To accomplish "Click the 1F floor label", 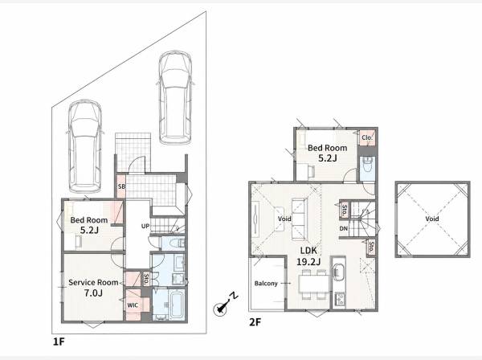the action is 59,342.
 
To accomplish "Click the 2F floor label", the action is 255,322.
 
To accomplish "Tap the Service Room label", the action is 93,282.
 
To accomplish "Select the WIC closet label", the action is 133,305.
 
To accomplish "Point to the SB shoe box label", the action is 121,186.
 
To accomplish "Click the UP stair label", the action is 145,226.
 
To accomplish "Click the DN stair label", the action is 344,228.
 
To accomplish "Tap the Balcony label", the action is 266,284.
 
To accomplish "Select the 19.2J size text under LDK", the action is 308,262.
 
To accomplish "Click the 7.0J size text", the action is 93,293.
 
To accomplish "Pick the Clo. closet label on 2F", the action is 367,137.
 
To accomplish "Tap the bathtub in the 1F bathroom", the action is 177,305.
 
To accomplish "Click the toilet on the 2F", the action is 367,165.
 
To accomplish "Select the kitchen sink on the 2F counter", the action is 338,272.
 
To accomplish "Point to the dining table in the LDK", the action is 314,284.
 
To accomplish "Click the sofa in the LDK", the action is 299,219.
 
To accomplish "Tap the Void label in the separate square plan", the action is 432,219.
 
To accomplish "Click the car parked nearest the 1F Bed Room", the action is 85,146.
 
